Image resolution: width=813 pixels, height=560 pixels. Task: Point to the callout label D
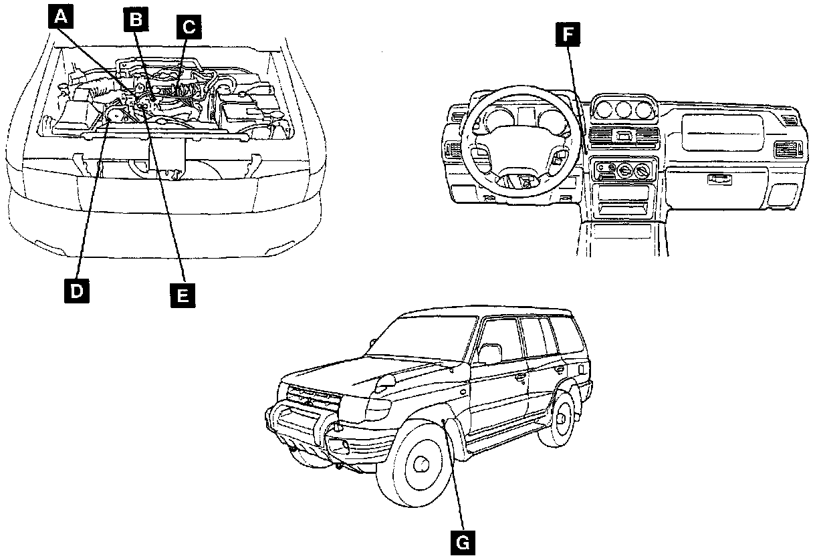tap(77, 291)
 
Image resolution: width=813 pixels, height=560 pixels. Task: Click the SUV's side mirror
tap(489, 354)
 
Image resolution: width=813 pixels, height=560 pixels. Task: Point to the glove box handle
tap(719, 179)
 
